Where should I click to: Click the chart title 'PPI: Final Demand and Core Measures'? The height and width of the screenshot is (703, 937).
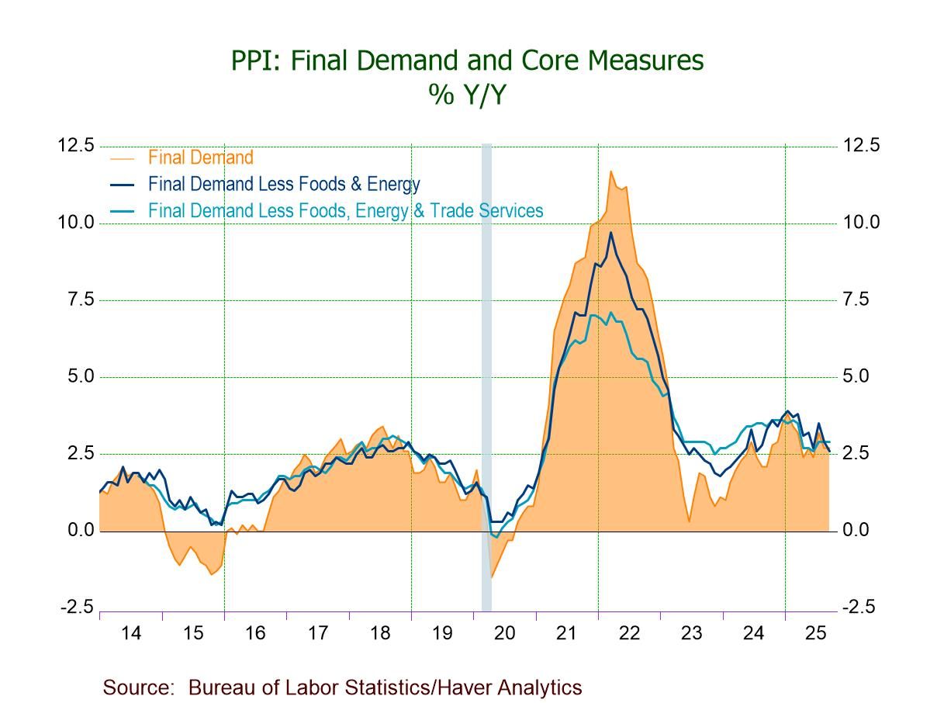(x=467, y=61)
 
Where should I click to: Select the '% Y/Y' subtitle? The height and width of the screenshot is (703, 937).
(x=467, y=94)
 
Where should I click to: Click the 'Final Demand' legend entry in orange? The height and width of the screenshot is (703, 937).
(x=200, y=158)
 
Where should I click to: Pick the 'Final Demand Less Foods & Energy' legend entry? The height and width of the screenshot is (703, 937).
(x=283, y=184)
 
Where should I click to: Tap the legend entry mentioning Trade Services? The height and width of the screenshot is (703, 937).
(x=345, y=210)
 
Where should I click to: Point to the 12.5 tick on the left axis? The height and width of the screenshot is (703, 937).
(x=77, y=146)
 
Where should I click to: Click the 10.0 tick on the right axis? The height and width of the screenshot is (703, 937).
(x=861, y=223)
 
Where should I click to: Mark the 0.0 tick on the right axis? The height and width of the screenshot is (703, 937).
(x=857, y=531)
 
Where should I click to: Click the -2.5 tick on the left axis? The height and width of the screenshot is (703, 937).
(x=78, y=607)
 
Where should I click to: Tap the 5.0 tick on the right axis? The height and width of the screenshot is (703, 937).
(x=857, y=376)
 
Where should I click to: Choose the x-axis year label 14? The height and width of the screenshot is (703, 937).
(x=131, y=633)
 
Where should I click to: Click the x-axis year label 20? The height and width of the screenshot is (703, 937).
(x=504, y=633)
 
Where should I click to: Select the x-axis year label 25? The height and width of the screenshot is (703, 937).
(x=815, y=633)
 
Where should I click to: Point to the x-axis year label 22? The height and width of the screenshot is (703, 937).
(x=629, y=633)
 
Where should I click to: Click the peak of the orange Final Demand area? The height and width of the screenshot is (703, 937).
(x=611, y=172)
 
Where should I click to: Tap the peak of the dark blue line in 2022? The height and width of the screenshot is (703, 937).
(x=610, y=233)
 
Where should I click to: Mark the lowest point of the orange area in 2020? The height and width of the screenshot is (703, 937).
(x=491, y=577)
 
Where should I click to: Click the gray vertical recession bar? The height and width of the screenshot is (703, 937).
(x=486, y=372)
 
